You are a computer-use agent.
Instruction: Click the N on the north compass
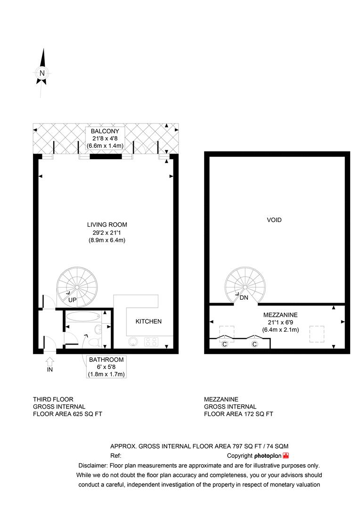[42, 73]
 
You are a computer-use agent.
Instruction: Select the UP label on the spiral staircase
[73, 300]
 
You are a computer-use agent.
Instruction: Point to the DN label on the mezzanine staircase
[244, 298]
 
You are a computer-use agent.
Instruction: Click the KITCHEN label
[148, 321]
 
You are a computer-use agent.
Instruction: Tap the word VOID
[274, 220]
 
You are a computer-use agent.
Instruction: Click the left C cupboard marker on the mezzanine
[225, 345]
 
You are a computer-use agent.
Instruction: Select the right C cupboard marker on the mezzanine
[254, 345]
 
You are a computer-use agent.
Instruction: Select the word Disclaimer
[91, 465]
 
